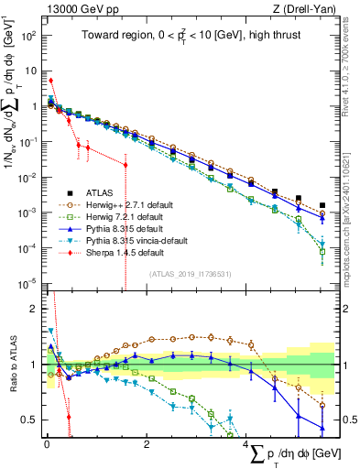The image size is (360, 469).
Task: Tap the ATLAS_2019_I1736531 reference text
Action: [x=190, y=274]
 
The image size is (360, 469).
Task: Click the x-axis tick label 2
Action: [x=147, y=444]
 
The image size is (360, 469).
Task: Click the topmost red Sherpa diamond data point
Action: [x=51, y=81]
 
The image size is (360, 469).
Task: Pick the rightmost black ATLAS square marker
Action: [x=322, y=206]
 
